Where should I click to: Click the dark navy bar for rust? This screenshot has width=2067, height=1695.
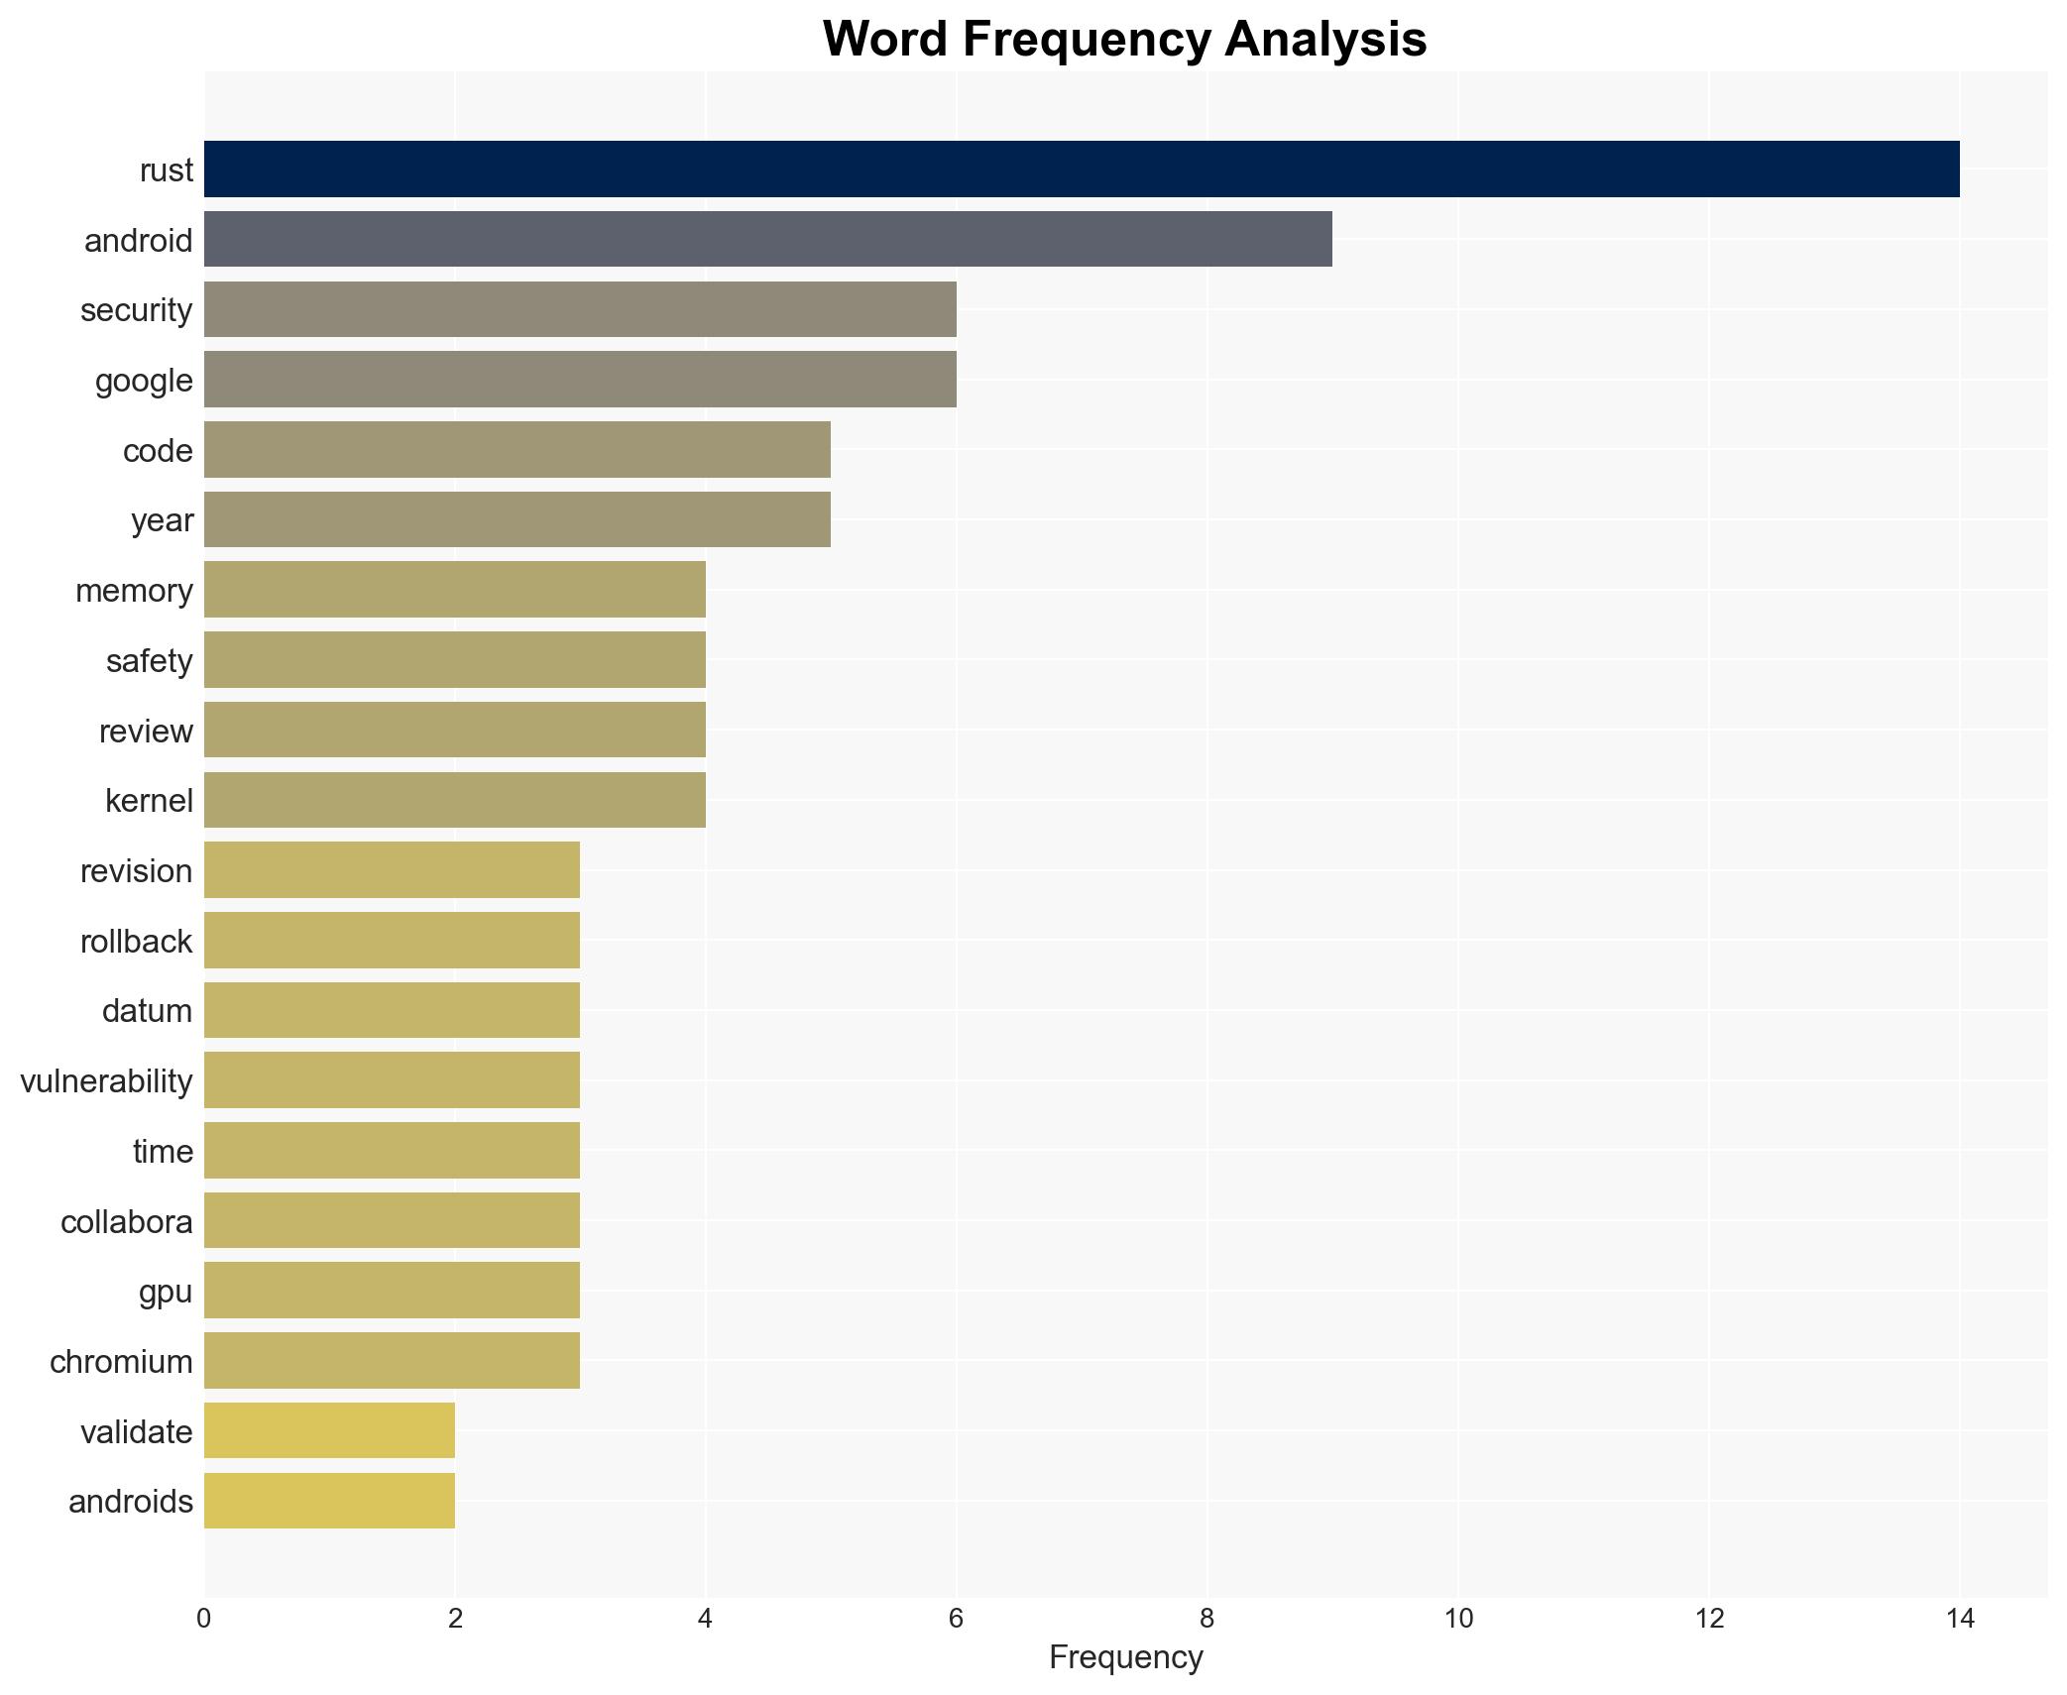coord(1081,169)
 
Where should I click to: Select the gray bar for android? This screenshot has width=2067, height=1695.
coord(767,240)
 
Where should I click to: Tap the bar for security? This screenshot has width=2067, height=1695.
coord(580,309)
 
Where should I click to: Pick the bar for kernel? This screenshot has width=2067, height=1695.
coord(454,800)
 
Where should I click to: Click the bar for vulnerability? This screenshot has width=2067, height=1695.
coord(392,1080)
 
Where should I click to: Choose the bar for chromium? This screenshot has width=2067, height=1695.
coord(392,1361)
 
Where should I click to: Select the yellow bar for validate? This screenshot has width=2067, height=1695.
coord(329,1431)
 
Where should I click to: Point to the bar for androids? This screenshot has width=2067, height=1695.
coord(329,1501)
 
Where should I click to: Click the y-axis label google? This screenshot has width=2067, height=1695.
coord(144,381)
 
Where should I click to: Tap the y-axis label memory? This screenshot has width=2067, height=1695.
coord(134,591)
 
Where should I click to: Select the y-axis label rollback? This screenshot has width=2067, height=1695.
coord(136,942)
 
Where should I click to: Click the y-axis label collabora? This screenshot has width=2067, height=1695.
coord(126,1222)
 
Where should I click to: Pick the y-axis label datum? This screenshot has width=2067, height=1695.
coord(147,1011)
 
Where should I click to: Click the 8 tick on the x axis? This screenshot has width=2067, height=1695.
coord(1206,1619)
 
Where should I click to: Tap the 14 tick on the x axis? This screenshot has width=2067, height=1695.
coord(1959,1619)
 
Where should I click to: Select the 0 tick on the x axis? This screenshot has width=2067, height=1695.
coord(204,1619)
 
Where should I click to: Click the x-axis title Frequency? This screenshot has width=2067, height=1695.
coord(1125,1657)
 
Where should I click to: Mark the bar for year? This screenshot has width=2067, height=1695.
coord(517,520)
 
